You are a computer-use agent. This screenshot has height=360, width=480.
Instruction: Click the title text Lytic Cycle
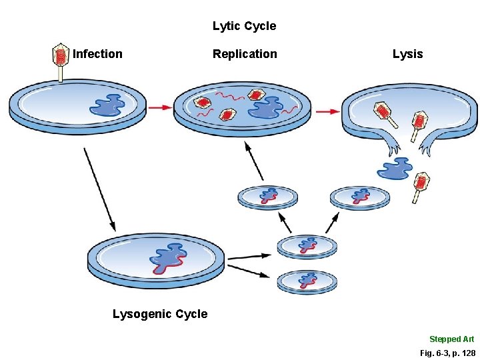244,27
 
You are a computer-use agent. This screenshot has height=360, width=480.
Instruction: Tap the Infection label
97,54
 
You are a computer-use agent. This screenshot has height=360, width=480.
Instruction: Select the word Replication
245,54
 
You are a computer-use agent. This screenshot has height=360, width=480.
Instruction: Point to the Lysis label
407,54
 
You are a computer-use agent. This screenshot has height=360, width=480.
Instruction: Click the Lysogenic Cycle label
160,314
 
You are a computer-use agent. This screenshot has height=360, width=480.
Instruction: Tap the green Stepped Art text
451,339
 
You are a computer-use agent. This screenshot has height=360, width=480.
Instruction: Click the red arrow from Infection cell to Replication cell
159,107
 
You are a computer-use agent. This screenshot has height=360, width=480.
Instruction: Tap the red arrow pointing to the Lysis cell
326,111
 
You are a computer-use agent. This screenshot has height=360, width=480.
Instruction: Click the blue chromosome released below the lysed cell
395,168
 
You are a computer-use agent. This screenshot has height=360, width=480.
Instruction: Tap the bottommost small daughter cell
307,281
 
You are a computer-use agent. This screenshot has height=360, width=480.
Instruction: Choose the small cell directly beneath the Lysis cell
360,197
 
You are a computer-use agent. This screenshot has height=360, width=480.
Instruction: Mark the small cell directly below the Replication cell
268,196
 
